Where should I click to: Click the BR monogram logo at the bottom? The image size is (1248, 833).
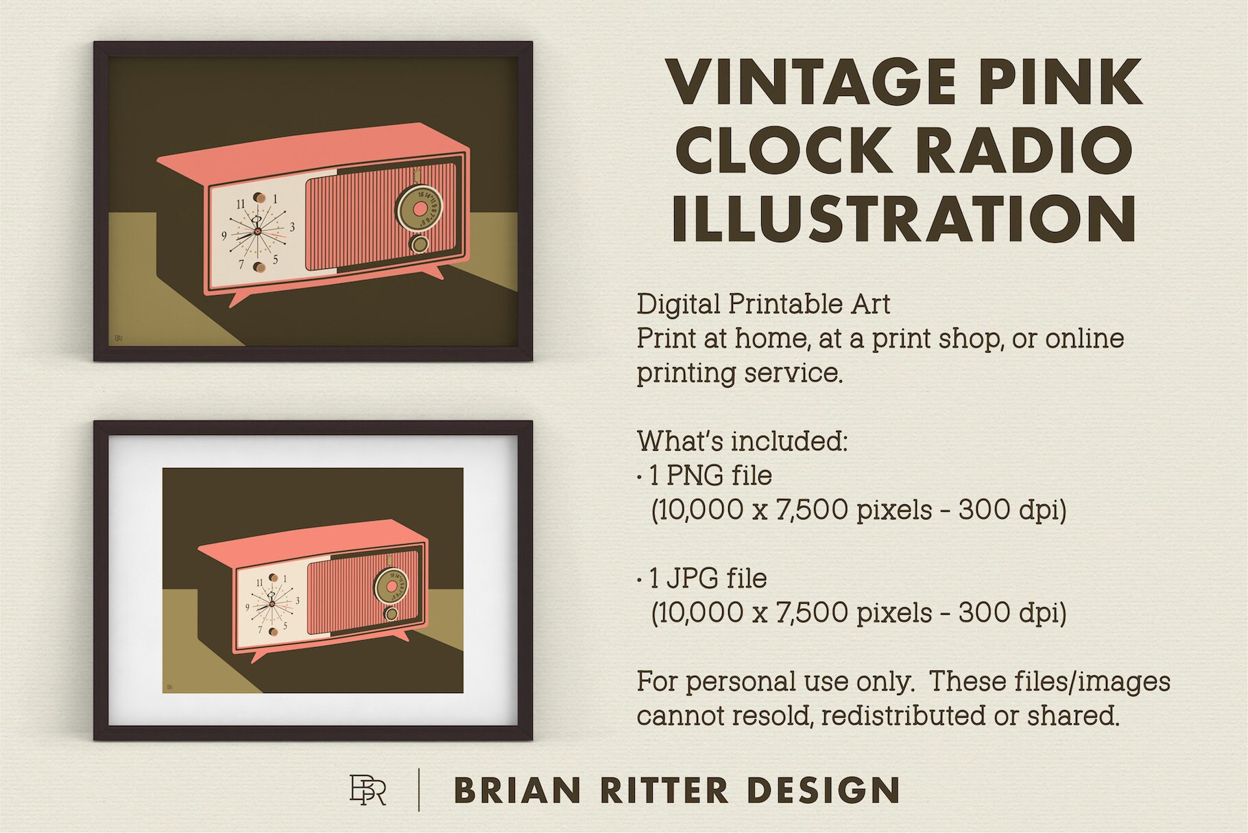(x=368, y=790)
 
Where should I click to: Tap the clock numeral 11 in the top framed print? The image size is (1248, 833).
(x=241, y=204)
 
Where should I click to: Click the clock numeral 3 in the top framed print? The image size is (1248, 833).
(x=293, y=227)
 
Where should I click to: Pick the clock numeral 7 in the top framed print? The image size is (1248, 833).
(x=241, y=263)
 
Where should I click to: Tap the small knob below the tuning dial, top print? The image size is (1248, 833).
(x=419, y=245)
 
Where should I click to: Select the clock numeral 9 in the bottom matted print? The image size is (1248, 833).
(x=247, y=607)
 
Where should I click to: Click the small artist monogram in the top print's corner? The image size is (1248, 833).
(x=117, y=338)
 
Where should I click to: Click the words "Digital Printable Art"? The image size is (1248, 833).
(x=763, y=304)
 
